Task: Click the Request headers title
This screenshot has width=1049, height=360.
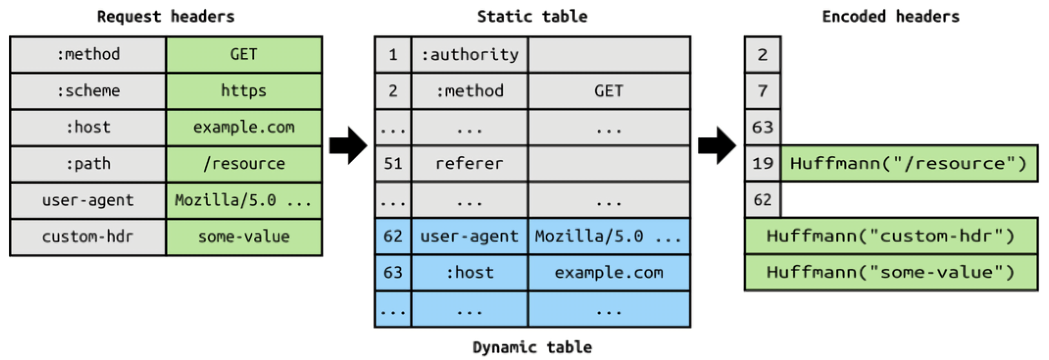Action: pyautogui.click(x=166, y=17)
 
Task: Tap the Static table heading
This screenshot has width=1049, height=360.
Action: pyautogui.click(x=532, y=17)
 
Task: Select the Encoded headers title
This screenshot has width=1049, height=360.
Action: pyautogui.click(x=890, y=17)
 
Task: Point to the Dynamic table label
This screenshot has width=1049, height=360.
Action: pyautogui.click(x=532, y=347)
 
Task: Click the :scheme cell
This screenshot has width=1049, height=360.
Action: pyautogui.click(x=88, y=91)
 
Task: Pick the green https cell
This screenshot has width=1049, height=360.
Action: pyautogui.click(x=244, y=91)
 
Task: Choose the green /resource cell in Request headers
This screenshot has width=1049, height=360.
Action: pyautogui.click(x=244, y=164)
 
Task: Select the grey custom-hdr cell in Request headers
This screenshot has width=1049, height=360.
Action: pyautogui.click(x=88, y=237)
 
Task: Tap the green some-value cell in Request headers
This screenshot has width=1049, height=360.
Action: pyautogui.click(x=244, y=237)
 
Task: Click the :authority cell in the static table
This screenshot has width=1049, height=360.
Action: pyautogui.click(x=470, y=55)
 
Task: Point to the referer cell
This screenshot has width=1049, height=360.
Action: pyautogui.click(x=470, y=164)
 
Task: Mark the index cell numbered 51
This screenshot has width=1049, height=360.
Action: pyautogui.click(x=393, y=164)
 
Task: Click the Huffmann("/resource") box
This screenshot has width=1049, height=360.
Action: pyautogui.click(x=908, y=164)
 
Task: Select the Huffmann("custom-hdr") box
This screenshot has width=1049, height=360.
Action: pyautogui.click(x=890, y=236)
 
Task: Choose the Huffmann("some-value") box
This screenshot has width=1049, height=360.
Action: pyautogui.click(x=890, y=273)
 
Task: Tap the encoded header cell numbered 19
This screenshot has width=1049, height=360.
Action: pyautogui.click(x=763, y=164)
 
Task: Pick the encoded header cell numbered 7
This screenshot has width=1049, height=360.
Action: pyautogui.click(x=763, y=91)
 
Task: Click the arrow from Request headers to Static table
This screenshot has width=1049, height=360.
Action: pyautogui.click(x=348, y=145)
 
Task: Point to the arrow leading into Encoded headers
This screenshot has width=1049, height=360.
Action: pyautogui.click(x=717, y=145)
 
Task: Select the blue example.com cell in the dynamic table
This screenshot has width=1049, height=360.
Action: pyautogui.click(x=609, y=273)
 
